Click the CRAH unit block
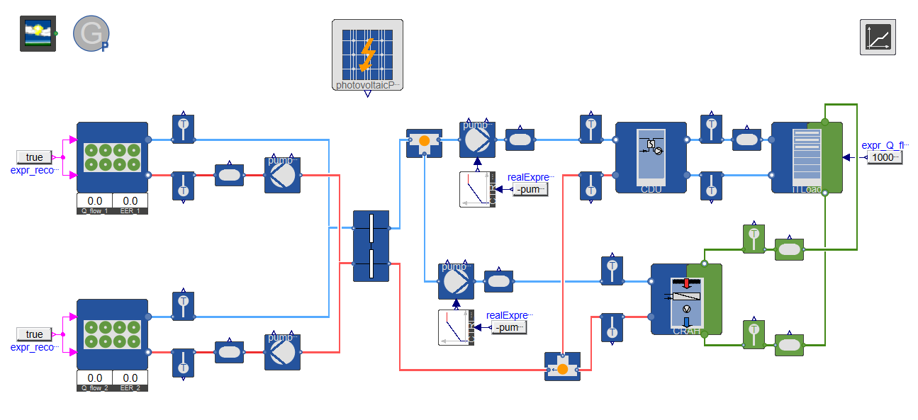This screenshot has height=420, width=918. click(685, 300)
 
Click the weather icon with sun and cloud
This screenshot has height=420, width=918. click(38, 33)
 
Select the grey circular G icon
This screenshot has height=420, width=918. click(91, 33)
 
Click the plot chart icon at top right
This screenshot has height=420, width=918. click(878, 37)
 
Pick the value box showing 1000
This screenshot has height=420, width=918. click(885, 157)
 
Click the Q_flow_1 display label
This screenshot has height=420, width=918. click(94, 210)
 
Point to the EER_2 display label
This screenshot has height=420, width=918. click(130, 387)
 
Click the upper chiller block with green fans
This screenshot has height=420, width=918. click(112, 157)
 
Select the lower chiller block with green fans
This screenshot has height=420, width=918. click(112, 334)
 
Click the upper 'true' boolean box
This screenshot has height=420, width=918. click(34, 157)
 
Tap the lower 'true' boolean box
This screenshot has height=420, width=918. click(34, 334)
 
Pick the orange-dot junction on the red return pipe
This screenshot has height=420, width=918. click(562, 367)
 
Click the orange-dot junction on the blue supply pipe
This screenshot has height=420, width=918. click(424, 142)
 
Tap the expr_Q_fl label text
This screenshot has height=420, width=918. click(883, 145)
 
